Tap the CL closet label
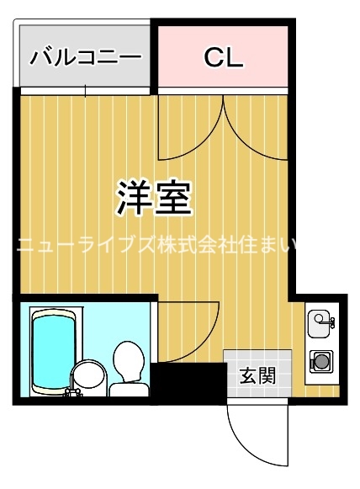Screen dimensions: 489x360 pos(224,57)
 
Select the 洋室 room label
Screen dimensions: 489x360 pos(155,197)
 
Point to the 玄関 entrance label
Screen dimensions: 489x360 pos(257,375)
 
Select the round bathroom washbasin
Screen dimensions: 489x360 pos(87,376)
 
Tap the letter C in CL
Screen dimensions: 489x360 pos(213,57)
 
